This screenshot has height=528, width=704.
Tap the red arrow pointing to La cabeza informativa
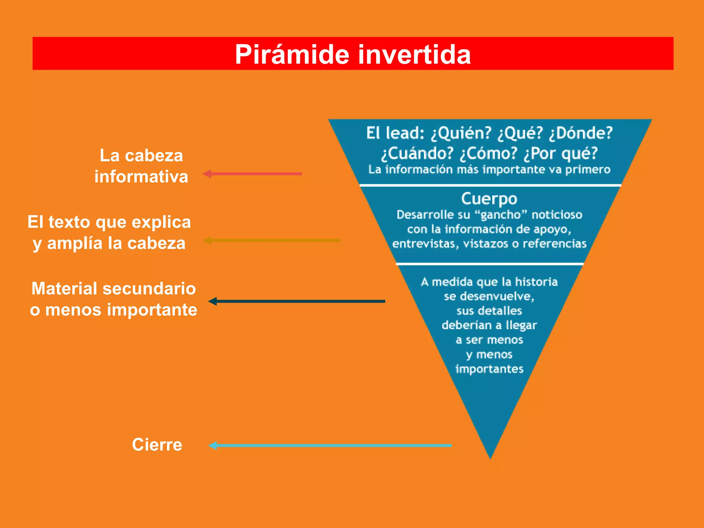click(253, 174)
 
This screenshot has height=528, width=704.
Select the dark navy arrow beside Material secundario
click(297, 301)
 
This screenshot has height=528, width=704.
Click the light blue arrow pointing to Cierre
click(330, 445)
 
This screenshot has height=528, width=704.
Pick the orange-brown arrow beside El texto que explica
click(272, 240)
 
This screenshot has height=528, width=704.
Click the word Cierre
click(157, 444)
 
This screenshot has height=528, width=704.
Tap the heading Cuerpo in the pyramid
click(489, 199)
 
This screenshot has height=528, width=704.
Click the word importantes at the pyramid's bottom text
click(489, 369)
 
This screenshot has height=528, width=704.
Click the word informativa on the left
click(141, 177)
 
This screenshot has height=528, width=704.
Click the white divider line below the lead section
click(490, 185)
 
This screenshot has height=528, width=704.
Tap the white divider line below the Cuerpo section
click(490, 264)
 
